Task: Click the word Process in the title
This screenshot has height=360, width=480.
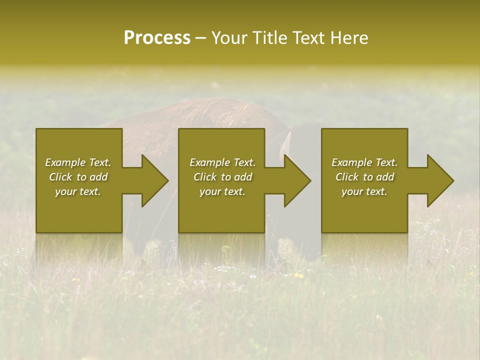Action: [x=157, y=37]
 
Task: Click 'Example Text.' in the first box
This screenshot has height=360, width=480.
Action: [x=78, y=162]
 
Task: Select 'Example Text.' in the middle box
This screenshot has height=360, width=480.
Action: [x=222, y=162]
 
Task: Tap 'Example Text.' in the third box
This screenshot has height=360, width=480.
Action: [x=364, y=162]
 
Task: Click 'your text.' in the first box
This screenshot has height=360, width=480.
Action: [x=78, y=191]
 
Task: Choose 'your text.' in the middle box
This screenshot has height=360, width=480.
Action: [x=222, y=191]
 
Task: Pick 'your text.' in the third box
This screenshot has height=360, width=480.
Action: [x=364, y=191]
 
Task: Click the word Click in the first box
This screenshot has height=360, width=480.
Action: [x=61, y=177]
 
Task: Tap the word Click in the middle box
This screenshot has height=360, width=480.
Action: [x=205, y=177]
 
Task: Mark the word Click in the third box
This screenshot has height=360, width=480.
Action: [x=347, y=177]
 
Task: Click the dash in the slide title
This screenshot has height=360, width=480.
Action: [x=201, y=38]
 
